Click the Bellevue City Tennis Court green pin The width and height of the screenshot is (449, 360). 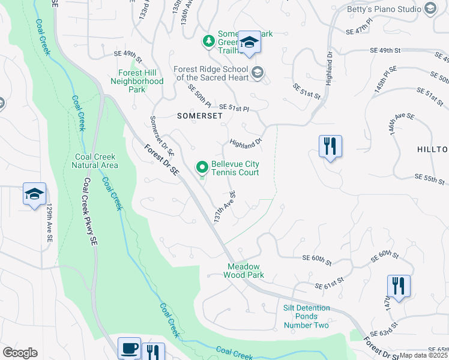[202, 167]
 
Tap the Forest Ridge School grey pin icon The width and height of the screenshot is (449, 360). [257, 73]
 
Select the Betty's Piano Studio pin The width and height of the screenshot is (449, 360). [430, 8]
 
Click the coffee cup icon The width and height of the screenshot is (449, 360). [129, 349]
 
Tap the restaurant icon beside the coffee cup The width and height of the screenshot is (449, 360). [154, 352]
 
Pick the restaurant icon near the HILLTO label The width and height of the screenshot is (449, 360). [330, 146]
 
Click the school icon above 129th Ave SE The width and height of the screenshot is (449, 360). [35, 194]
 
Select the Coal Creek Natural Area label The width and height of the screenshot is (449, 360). [95, 161]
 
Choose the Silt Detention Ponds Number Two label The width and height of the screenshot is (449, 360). [306, 316]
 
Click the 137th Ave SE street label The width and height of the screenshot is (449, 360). [223, 208]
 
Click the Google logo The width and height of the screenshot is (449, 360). [20, 353]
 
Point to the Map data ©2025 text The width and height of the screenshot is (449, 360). [424, 355]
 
